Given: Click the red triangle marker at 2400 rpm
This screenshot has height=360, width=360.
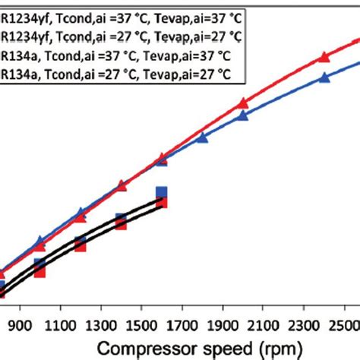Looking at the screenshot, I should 324,56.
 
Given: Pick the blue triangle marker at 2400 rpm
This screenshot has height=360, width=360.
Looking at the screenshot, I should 324,77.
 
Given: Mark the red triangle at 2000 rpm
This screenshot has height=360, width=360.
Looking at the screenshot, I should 243,103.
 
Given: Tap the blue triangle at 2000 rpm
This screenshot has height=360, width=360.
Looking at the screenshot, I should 243,115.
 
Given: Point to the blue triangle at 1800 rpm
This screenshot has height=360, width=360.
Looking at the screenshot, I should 202,137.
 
